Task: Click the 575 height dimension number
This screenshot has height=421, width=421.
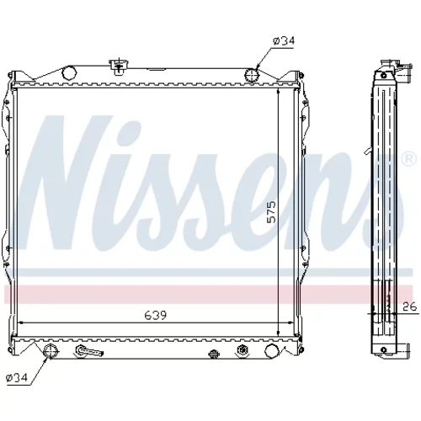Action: point(271,212)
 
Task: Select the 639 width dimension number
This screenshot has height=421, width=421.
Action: point(155,315)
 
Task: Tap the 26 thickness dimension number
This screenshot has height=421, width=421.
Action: point(409,306)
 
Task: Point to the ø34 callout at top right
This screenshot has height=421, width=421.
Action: point(284,41)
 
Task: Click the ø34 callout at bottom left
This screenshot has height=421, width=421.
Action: point(17,377)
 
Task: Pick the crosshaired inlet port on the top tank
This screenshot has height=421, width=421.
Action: point(252,75)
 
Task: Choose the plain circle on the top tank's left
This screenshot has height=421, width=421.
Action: point(69,72)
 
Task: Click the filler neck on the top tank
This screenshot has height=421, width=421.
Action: point(120,67)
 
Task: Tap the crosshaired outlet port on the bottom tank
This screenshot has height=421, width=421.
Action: point(51,351)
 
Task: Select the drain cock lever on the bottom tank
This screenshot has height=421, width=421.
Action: point(88,351)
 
